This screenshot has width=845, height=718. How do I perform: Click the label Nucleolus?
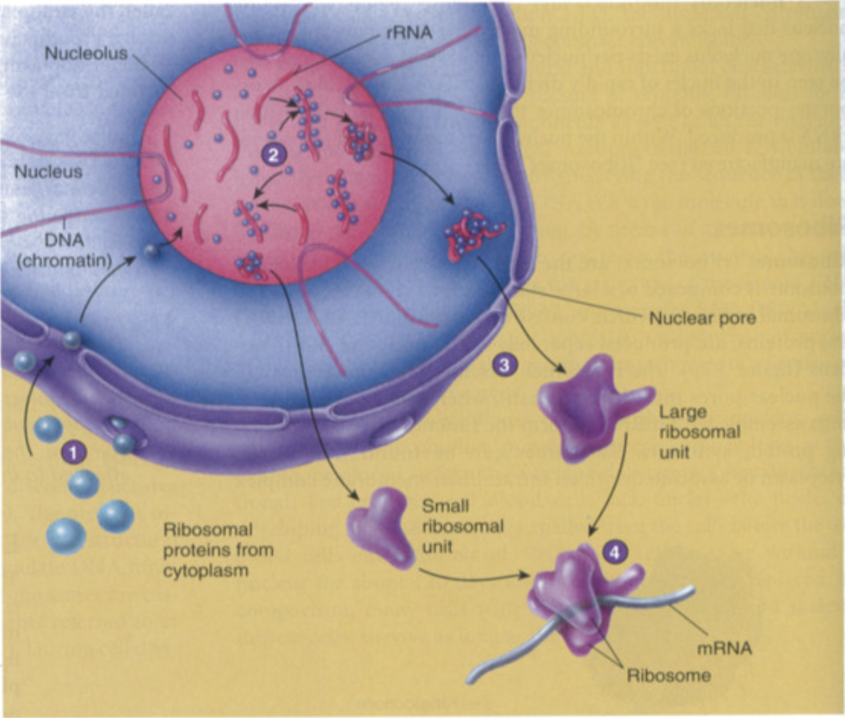pos(85,53)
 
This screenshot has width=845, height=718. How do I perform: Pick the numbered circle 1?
pos(74,449)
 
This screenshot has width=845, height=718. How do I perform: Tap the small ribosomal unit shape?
pos(381,523)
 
